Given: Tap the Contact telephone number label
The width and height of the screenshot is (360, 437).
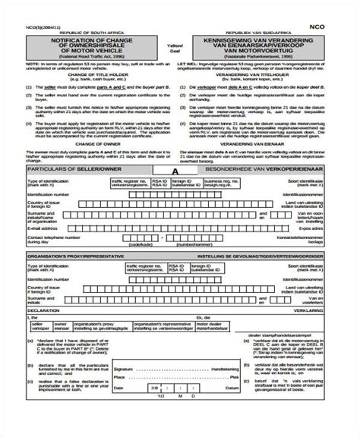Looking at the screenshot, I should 55,239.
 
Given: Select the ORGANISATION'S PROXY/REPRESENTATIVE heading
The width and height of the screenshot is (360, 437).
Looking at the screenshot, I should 76,257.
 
